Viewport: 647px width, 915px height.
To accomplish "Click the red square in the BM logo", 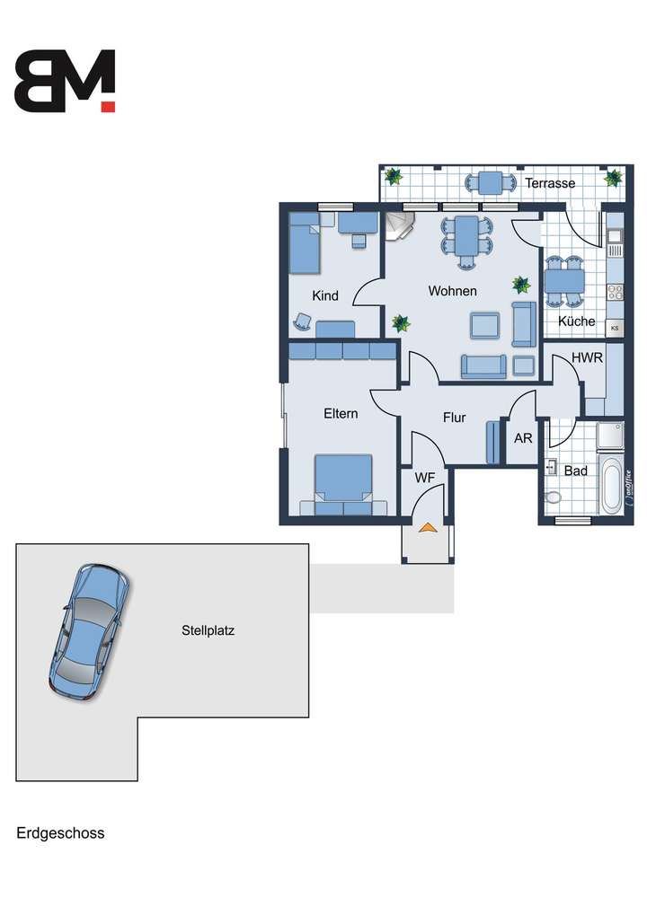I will click(108, 106).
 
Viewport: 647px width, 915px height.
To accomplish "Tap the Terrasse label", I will click(550, 183).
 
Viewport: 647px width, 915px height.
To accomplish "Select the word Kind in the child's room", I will click(324, 295).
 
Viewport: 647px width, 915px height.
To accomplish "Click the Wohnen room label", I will click(452, 291).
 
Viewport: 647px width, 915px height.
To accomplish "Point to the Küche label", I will click(576, 321).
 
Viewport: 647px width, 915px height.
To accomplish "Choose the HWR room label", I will click(587, 357).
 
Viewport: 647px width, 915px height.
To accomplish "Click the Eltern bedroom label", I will click(341, 414).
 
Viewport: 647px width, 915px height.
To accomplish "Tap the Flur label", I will click(454, 418).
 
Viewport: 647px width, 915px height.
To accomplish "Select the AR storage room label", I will click(522, 439).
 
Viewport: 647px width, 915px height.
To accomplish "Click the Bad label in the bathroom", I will click(575, 471).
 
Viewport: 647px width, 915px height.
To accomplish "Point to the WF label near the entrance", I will click(424, 479).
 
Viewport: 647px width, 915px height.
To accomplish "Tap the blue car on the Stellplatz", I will click(88, 630).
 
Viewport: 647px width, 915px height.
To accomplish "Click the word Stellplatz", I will click(208, 630).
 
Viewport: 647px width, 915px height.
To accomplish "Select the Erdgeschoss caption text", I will click(60, 833).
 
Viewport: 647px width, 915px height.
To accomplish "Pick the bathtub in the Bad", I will click(611, 486).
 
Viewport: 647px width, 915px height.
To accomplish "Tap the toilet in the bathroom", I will click(552, 497).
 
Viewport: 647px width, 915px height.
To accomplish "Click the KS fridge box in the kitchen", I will click(615, 329).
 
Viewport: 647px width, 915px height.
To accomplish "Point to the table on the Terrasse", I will click(491, 182).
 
